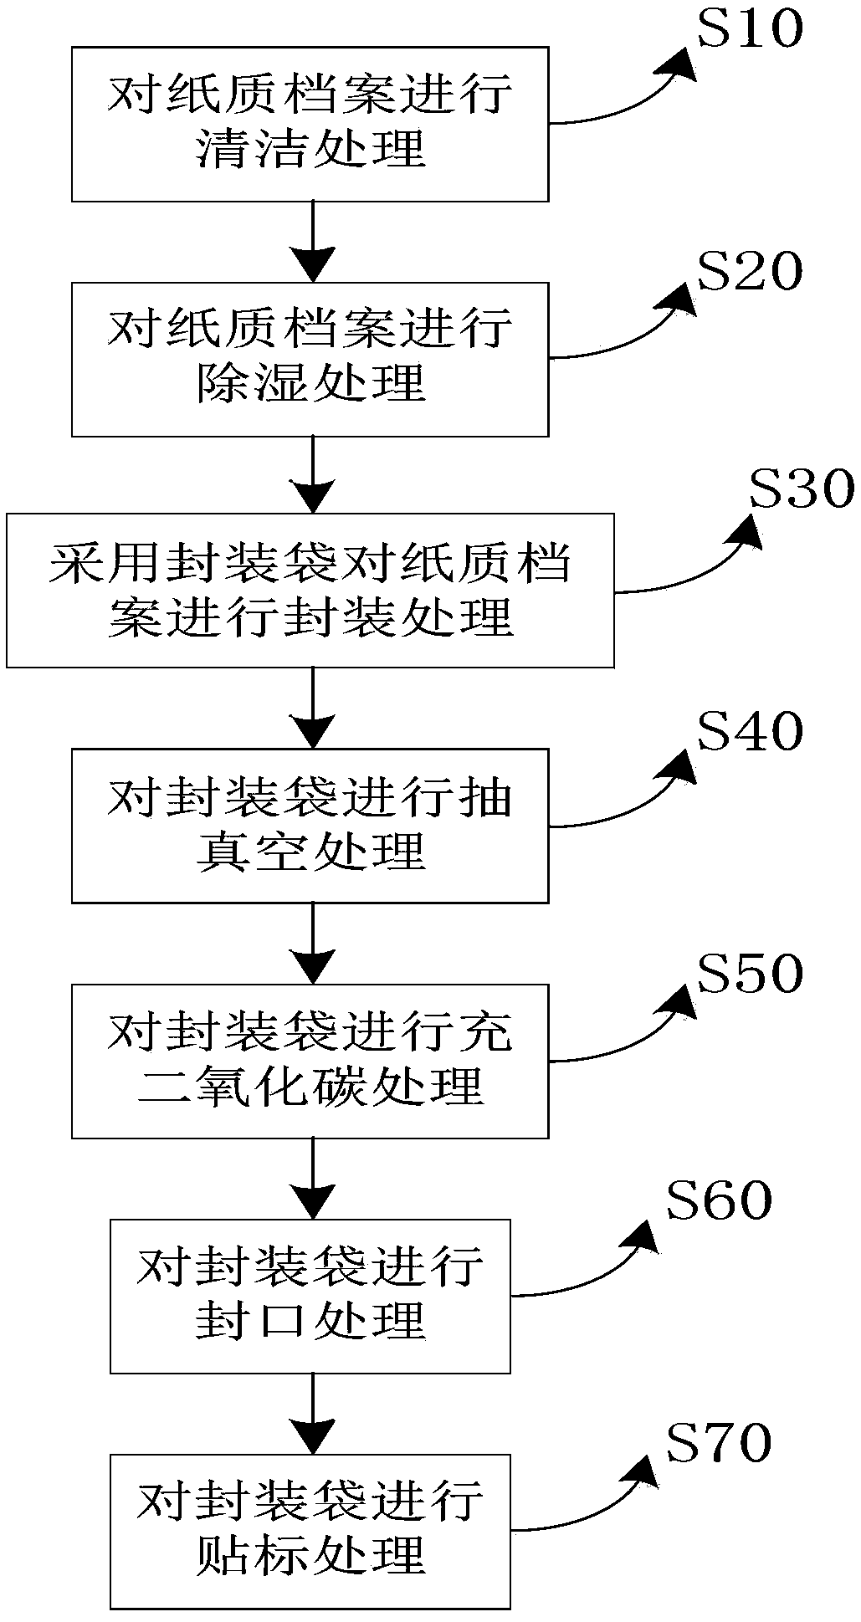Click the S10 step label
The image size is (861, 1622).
[750, 30]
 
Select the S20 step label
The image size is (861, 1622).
[750, 273]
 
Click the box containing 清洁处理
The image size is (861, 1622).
[310, 124]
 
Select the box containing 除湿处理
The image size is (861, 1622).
[310, 359]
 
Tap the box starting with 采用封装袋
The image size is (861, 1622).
[310, 591]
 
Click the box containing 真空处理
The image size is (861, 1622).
[310, 826]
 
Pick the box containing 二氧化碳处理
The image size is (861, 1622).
[310, 1061]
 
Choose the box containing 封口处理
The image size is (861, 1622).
[310, 1296]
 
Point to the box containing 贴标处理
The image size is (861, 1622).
[310, 1532]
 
